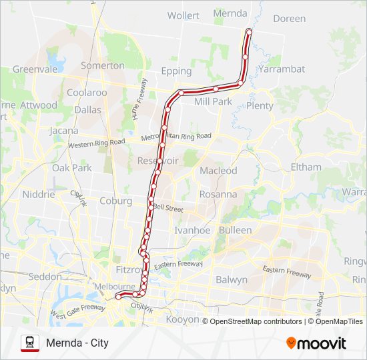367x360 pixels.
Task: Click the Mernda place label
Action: point(230,13)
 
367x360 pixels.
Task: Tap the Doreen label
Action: point(289,19)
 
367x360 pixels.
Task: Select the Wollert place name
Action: point(183,15)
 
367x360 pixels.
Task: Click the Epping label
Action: point(176,71)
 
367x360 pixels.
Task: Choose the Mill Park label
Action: point(212,102)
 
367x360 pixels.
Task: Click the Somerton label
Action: point(102,65)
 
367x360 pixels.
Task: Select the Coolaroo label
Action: point(87,93)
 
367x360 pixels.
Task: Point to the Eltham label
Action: point(306,167)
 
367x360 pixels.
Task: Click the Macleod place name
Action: point(218,171)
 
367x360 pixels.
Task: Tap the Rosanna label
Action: point(218,195)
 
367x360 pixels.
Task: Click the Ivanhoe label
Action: point(192,230)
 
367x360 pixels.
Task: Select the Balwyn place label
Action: point(232,279)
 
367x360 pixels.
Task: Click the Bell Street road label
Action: point(168,208)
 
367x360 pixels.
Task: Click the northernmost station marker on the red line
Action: point(249,31)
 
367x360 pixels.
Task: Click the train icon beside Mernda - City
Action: point(30,343)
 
